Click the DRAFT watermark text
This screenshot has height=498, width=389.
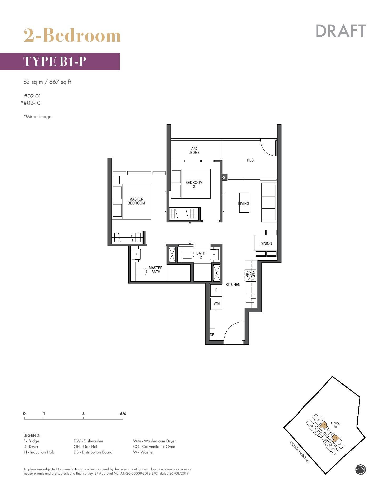click(341, 31)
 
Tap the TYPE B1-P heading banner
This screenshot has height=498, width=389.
click(60, 61)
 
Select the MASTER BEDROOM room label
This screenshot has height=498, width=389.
click(136, 201)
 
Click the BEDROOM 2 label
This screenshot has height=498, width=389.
click(194, 184)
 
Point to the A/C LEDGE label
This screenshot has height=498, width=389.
click(194, 150)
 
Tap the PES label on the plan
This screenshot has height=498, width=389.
click(250, 160)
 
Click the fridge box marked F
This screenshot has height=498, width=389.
click(216, 290)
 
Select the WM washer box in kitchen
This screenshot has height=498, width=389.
click(216, 303)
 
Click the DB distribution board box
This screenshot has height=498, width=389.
click(212, 335)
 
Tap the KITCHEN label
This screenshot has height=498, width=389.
click(233, 285)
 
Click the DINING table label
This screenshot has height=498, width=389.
click(266, 244)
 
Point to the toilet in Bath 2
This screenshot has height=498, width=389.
click(188, 255)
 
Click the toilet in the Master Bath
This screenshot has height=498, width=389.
click(141, 271)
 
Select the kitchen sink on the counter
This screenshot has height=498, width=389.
click(251, 299)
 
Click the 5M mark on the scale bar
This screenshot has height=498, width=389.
click(123, 414)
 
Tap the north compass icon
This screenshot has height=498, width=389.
click(361, 469)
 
